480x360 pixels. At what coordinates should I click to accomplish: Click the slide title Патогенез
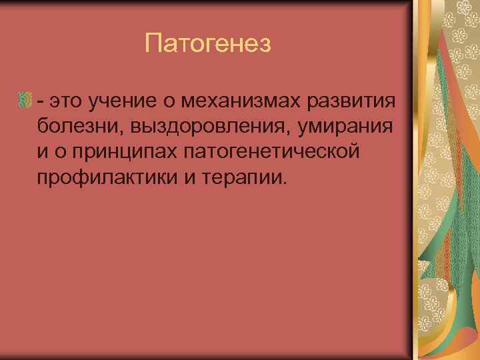tap(209, 45)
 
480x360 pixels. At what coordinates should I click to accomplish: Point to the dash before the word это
tap(41, 101)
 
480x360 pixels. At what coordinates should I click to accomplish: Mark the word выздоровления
tap(199, 126)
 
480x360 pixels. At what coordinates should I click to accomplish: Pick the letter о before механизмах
tap(175, 101)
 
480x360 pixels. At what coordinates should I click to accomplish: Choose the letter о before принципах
tap(62, 151)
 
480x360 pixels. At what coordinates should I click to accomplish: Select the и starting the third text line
tap(43, 151)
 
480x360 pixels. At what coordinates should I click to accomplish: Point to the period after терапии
tap(288, 181)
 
